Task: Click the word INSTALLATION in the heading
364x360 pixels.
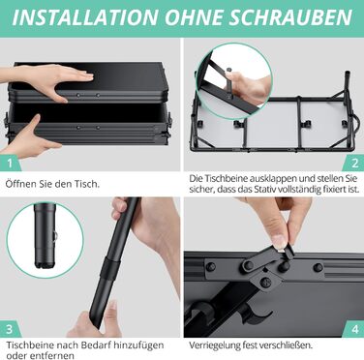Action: (x=85, y=16)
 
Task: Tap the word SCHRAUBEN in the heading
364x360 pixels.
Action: (x=290, y=16)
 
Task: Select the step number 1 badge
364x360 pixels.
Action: (x=10, y=164)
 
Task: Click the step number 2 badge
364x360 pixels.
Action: (x=354, y=164)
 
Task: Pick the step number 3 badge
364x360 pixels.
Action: (x=10, y=329)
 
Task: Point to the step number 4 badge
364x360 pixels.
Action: (x=354, y=329)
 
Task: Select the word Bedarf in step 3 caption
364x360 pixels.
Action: (x=95, y=345)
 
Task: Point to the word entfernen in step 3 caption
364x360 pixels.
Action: (x=52, y=355)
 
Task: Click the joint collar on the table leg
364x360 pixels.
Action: (x=110, y=267)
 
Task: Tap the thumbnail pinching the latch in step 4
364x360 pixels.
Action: (x=279, y=242)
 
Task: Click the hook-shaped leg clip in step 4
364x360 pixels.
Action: (x=256, y=314)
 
